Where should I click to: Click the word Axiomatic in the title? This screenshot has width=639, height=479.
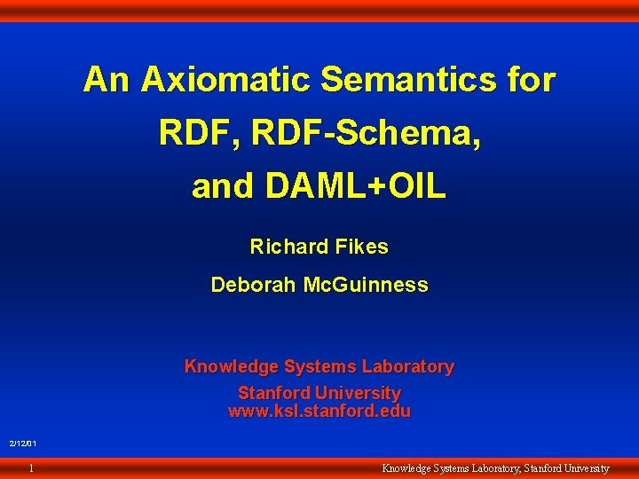[225, 80]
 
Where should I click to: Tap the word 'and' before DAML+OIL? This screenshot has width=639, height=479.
[222, 186]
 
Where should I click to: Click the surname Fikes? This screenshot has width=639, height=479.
[362, 247]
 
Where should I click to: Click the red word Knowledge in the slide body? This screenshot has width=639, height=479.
[225, 366]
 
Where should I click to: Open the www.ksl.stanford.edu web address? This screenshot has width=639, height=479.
[319, 412]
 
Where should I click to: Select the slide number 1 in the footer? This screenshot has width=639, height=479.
[31, 467]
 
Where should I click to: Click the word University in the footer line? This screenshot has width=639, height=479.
[582, 467]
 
